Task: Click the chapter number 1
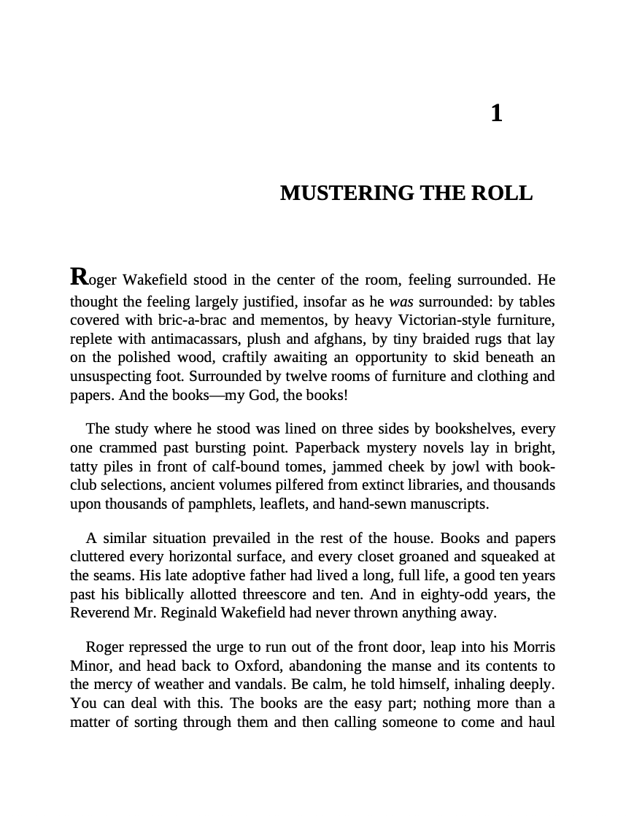496,113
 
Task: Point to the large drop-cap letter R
79,277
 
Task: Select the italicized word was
401,301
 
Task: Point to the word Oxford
260,666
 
